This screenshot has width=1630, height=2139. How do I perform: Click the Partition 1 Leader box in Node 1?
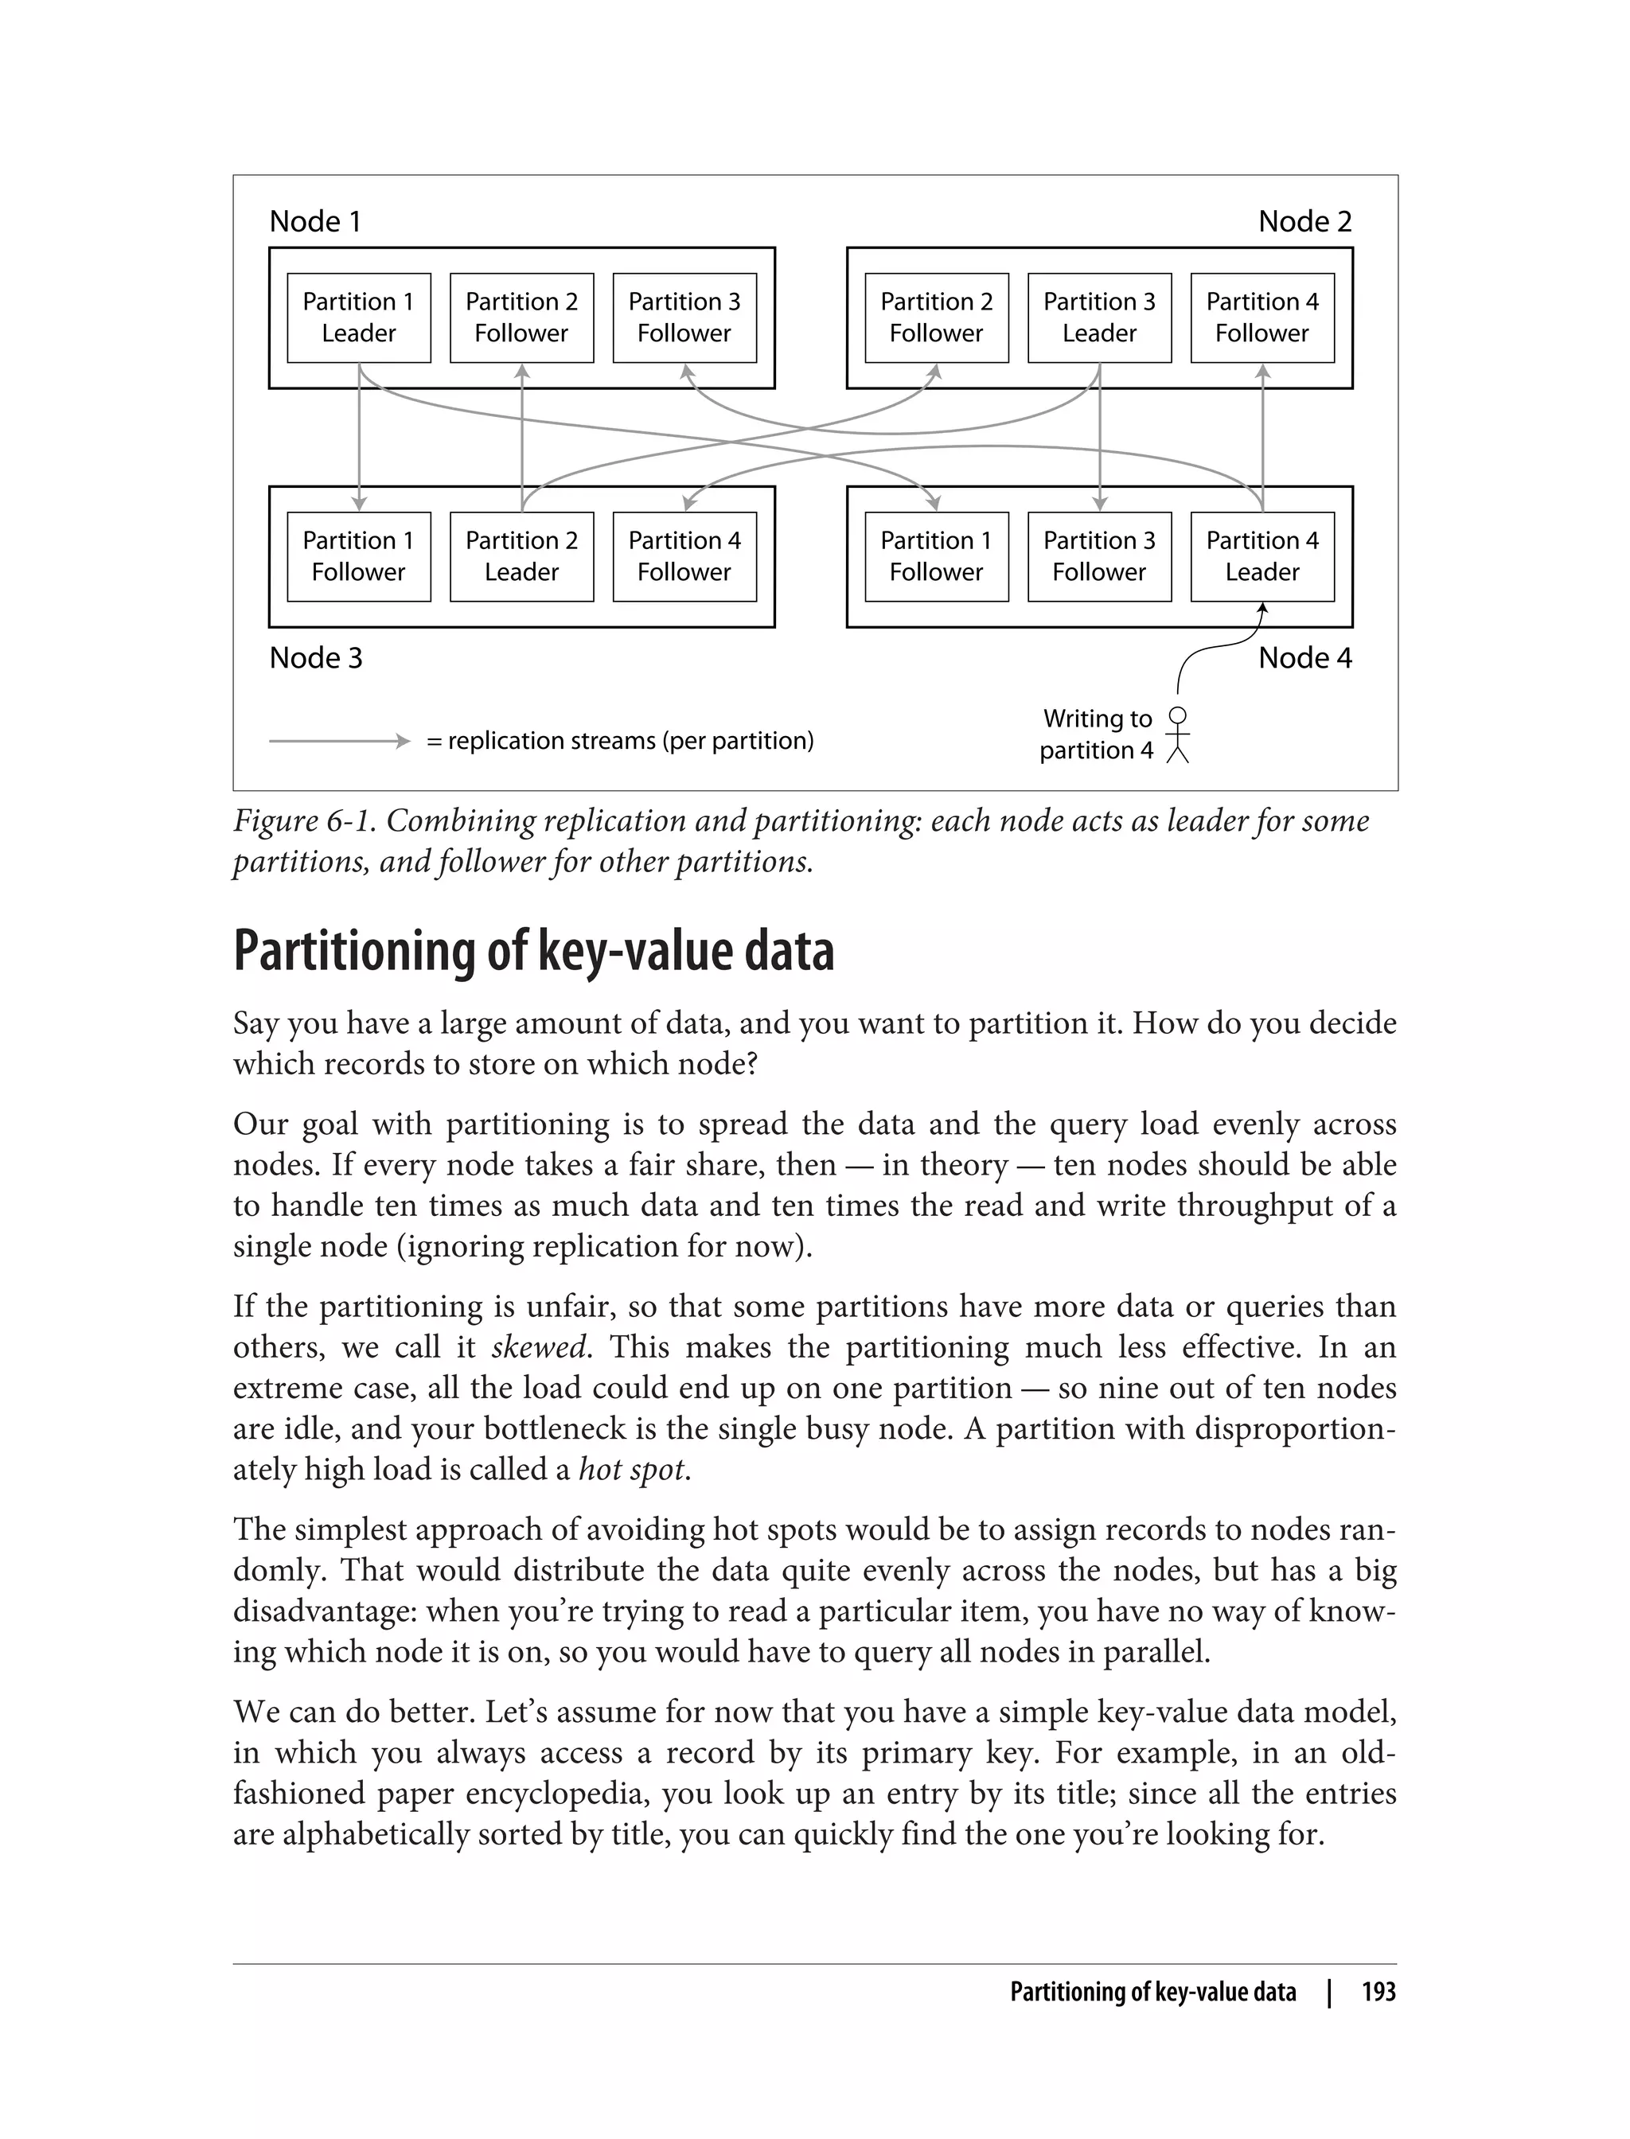(x=358, y=318)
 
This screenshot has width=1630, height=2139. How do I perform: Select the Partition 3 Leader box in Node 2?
(x=1098, y=318)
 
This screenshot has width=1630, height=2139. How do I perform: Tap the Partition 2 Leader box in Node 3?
(x=521, y=556)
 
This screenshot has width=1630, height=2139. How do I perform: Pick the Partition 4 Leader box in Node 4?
(x=1261, y=556)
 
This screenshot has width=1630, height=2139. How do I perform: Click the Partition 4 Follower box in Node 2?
(x=1261, y=318)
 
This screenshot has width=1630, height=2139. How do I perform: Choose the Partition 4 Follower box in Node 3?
(x=684, y=556)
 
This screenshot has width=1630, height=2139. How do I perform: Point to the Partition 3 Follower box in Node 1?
(x=684, y=318)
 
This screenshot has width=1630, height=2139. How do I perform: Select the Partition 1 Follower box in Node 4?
(x=935, y=556)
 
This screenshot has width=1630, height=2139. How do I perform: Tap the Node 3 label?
(x=315, y=658)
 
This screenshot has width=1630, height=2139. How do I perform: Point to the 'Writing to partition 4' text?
(x=1097, y=734)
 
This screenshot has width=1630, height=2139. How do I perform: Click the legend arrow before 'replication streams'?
(x=340, y=741)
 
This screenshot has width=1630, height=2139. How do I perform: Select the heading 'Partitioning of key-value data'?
(x=533, y=951)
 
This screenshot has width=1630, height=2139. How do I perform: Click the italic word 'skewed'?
(x=539, y=1347)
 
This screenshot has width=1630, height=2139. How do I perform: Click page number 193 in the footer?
(x=1378, y=1992)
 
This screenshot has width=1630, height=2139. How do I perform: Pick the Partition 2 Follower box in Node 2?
(x=935, y=318)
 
